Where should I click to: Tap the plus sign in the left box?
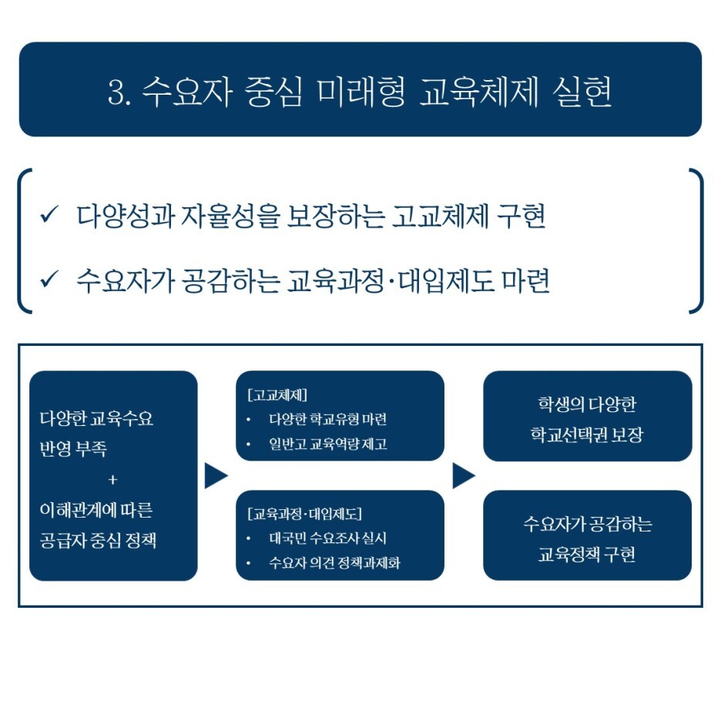pos(113,479)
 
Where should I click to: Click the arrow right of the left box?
pos(216,476)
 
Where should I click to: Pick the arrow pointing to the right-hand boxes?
pos(463,476)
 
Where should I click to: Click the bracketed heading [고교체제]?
pos(278,396)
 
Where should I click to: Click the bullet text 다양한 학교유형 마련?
pos(327,421)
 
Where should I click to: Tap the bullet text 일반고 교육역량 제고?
pos(327,444)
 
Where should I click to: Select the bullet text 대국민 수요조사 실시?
pos(327,538)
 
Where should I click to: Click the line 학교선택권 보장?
pos(587,435)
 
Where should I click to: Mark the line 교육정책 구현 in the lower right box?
pos(587,555)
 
